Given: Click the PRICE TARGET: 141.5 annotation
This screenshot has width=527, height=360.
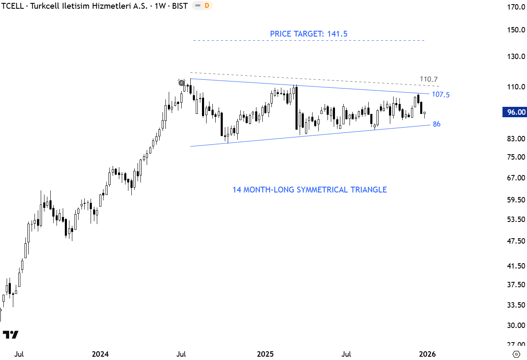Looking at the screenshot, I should click(308, 34).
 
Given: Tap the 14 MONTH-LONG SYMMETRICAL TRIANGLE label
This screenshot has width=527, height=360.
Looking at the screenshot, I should click(309, 190).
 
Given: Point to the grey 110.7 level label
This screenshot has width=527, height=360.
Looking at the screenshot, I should click(428, 79).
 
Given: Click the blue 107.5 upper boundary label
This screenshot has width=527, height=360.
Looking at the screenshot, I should click(441, 95).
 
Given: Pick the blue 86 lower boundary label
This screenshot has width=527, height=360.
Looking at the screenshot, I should click(436, 124).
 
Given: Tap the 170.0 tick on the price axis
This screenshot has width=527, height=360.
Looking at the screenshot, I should click(514, 7).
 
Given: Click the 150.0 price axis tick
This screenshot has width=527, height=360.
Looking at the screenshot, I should click(514, 30).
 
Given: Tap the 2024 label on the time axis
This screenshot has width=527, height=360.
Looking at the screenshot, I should click(100, 354).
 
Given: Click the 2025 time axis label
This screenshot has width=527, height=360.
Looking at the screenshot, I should click(265, 354).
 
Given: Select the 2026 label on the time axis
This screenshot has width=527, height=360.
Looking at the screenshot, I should click(427, 354).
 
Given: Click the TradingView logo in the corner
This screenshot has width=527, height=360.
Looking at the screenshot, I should click(10, 335).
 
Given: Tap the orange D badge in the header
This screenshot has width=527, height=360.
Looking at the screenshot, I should click(206, 6).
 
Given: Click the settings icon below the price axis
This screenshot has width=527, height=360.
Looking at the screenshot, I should click(516, 354).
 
